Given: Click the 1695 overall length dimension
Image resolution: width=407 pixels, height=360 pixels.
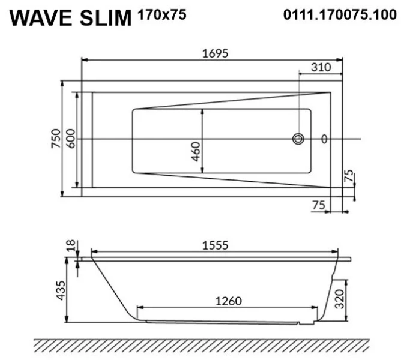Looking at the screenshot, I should coord(214,53).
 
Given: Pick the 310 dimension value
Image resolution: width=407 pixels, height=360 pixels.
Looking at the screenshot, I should coord(321,68).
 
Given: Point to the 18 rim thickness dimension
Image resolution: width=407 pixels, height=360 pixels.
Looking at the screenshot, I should coord(71,246).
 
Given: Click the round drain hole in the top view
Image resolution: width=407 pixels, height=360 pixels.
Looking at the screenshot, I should coord(298,139).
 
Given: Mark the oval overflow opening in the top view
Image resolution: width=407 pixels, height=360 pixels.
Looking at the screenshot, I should coord(325,139).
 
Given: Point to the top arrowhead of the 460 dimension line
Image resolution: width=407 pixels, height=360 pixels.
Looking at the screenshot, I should coord(203,112).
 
